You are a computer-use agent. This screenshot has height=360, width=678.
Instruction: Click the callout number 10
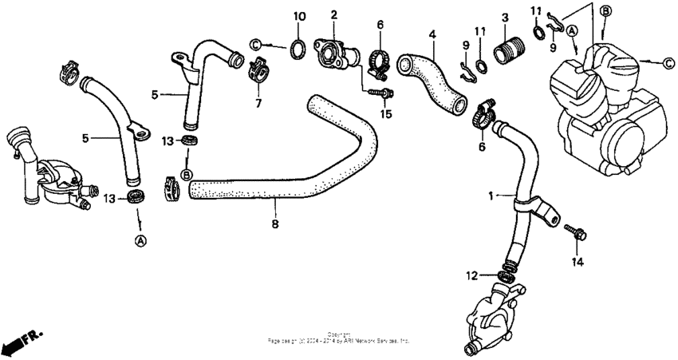299,16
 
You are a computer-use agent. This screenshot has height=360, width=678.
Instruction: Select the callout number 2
333,14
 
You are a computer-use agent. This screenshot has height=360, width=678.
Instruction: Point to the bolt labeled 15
381,94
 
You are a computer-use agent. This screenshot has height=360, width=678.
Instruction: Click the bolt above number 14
576,232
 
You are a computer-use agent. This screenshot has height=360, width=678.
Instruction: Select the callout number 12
473,275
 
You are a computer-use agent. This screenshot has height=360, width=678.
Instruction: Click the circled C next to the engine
667,61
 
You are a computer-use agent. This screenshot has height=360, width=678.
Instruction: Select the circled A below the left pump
140,240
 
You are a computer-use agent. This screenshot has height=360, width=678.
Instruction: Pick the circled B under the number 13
187,174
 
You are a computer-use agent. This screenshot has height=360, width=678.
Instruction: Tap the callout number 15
387,113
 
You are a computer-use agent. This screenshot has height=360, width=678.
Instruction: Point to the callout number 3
505,16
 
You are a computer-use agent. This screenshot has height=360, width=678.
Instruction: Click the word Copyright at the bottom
338,334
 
